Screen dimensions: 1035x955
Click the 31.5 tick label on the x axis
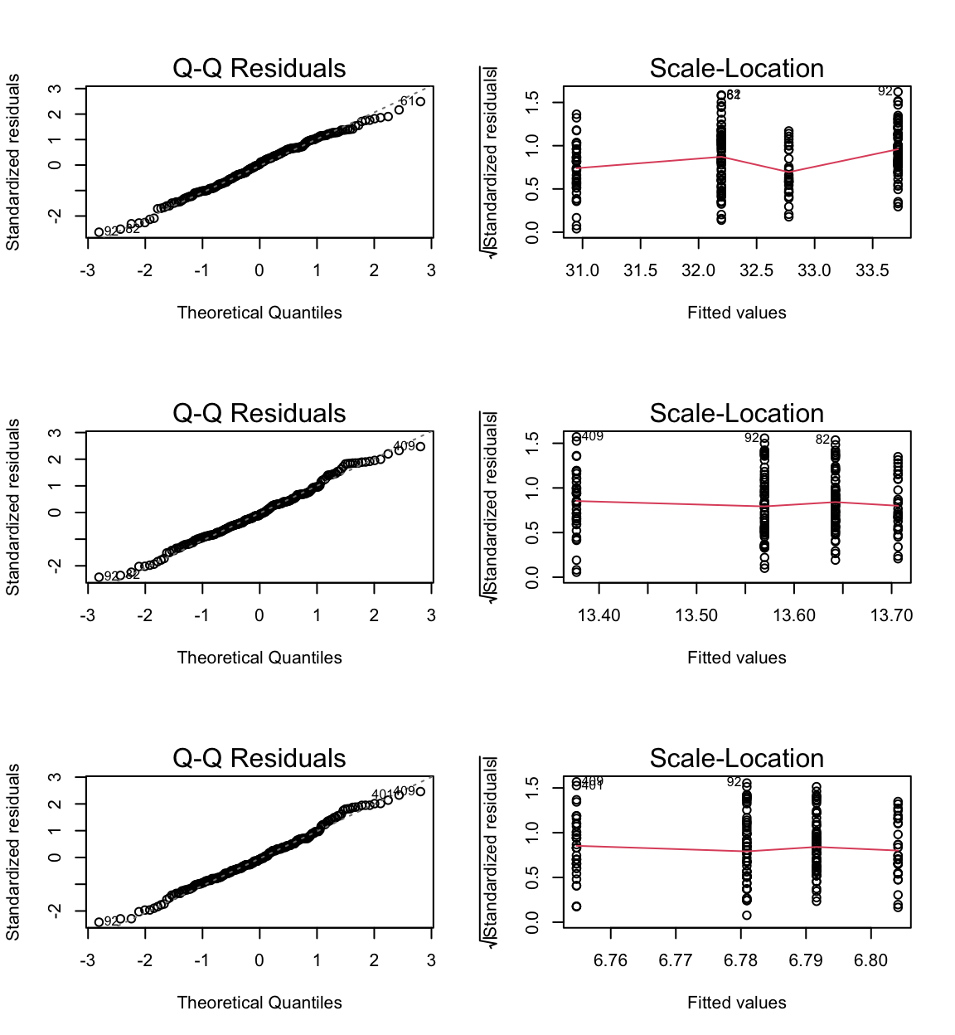(x=640, y=270)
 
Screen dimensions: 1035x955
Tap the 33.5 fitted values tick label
(x=872, y=270)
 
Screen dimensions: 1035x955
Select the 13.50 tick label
(x=696, y=615)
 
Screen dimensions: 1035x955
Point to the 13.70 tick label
(x=892, y=615)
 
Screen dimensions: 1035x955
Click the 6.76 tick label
(x=610, y=960)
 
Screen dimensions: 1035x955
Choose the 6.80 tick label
(x=870, y=960)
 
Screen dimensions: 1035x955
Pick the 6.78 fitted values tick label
(x=740, y=960)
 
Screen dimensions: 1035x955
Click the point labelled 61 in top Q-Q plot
(x=420, y=102)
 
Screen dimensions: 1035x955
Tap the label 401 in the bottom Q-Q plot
(x=381, y=794)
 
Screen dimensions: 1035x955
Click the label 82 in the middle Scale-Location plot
(x=822, y=440)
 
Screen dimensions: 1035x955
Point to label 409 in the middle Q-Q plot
(x=404, y=446)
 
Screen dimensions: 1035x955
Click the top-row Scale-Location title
(x=736, y=68)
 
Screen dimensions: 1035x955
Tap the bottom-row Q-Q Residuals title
(x=259, y=758)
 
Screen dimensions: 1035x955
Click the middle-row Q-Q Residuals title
(x=259, y=413)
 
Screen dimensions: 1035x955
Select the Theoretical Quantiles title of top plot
(x=259, y=313)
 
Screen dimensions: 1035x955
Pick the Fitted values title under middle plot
(x=736, y=658)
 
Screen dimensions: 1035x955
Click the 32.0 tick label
(x=698, y=270)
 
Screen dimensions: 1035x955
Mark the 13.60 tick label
(x=794, y=615)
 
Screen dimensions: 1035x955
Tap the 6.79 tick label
(x=806, y=960)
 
